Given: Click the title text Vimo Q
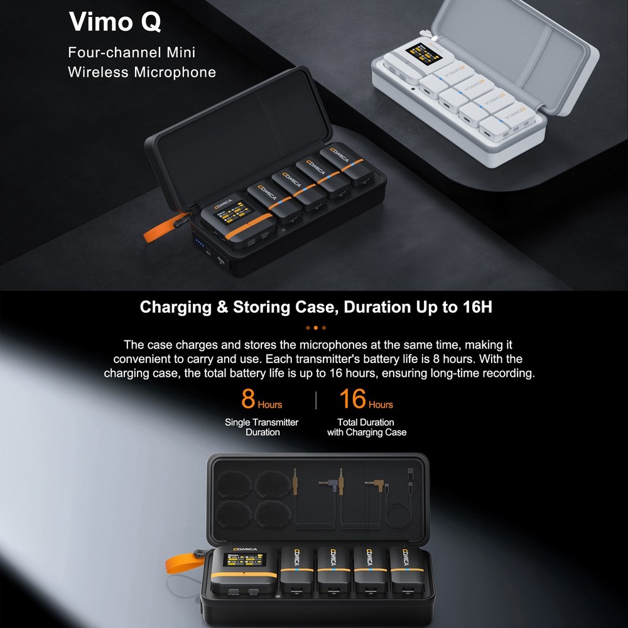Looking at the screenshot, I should tap(115, 21).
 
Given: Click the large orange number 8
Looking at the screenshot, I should tap(249, 399).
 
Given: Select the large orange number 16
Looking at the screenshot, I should tap(352, 399).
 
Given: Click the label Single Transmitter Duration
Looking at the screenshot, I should tap(262, 427).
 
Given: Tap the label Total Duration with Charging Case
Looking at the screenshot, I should tap(366, 427).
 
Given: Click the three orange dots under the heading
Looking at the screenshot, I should tap(315, 327).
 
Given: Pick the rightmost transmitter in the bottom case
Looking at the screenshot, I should tap(406, 570).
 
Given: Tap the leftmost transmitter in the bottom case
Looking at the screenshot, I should tap(296, 570).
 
